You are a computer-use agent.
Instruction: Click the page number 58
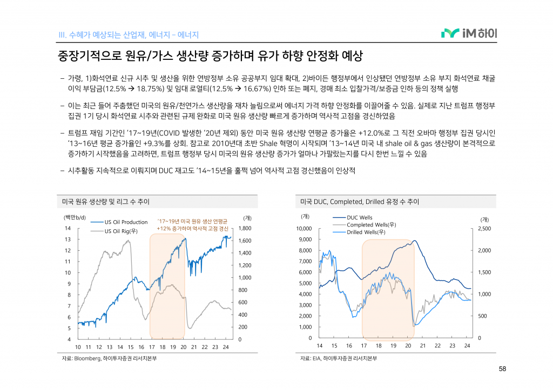(502, 369)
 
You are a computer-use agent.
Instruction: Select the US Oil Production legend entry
(126, 222)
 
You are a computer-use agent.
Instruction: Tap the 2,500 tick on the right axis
(484, 229)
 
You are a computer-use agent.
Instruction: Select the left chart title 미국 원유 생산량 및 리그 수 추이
(106, 202)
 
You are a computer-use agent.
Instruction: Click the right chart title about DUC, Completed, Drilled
(360, 202)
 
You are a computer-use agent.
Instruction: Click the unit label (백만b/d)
(75, 217)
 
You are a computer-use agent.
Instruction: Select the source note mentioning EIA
(338, 358)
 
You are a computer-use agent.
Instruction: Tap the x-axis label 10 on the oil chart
(78, 347)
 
